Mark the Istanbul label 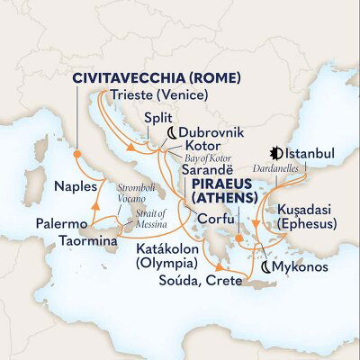(310, 155)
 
